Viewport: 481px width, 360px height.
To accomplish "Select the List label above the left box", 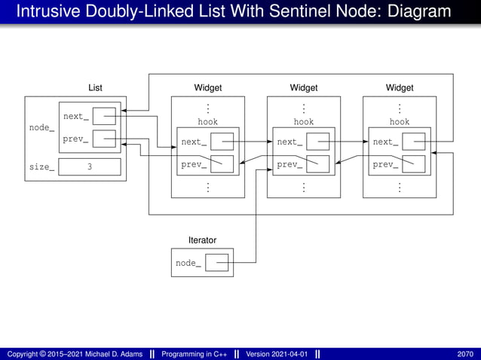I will click(95, 88).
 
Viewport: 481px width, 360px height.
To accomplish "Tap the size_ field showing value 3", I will click(89, 167).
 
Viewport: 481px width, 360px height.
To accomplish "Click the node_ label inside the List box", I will click(41, 127).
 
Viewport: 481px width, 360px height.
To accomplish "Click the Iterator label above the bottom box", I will click(202, 240).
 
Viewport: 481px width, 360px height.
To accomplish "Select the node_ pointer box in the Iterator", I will click(217, 263).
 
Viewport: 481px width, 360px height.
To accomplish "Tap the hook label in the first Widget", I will click(207, 121).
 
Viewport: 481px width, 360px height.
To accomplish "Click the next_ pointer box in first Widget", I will click(222, 142).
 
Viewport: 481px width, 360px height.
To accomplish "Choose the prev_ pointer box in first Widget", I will click(222, 164).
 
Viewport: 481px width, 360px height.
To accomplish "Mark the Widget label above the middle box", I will click(304, 88).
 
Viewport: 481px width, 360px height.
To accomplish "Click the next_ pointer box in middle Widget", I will click(317, 142).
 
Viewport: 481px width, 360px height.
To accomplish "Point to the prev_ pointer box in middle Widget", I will click(317, 164).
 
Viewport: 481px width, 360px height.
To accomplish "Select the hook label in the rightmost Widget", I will click(400, 121).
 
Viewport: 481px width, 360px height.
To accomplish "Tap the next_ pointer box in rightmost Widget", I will click(414, 142).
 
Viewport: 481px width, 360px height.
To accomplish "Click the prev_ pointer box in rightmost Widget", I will click(414, 164).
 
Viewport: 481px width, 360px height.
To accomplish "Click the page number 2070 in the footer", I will click(465, 354).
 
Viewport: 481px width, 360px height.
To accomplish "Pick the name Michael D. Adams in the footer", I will click(110, 354).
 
